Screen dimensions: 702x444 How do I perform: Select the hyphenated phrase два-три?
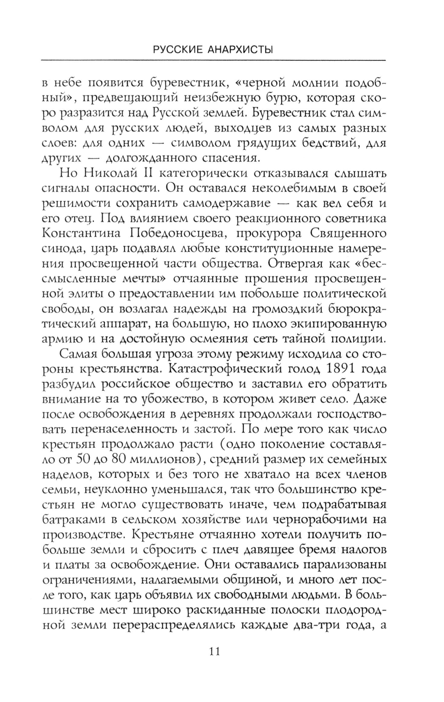tap(313, 627)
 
